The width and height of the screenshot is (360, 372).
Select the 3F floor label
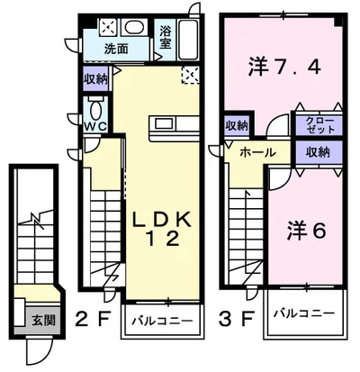pos(236,318)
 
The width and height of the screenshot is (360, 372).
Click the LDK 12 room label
pos(161,229)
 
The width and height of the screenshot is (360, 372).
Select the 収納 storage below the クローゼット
pos(317,150)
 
